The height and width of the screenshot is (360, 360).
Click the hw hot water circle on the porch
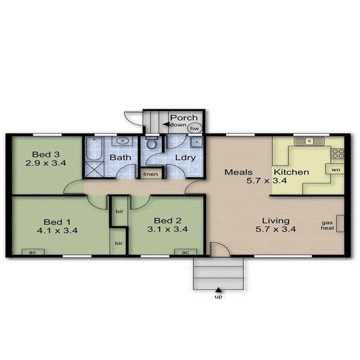[195, 128]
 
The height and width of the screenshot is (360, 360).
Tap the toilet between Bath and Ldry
[152, 143]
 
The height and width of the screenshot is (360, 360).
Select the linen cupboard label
[150, 174]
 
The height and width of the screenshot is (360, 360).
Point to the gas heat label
[328, 226]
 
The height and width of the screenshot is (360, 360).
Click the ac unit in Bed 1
[33, 252]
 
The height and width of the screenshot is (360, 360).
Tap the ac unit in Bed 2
[185, 252]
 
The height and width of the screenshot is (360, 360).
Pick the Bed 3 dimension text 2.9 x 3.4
[46, 163]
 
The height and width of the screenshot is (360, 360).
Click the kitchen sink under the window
[309, 141]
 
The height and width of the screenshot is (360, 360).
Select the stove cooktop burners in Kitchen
[338, 153]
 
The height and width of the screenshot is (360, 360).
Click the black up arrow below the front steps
[219, 290]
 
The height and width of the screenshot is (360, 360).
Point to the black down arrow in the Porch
[165, 124]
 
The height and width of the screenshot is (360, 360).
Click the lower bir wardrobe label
[119, 243]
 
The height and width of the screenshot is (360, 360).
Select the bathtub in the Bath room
[93, 149]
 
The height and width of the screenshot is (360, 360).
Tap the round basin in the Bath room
[123, 141]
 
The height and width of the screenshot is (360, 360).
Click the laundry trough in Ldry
[196, 143]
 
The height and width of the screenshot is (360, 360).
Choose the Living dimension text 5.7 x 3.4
[276, 229]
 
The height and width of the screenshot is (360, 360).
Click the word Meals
[239, 172]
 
